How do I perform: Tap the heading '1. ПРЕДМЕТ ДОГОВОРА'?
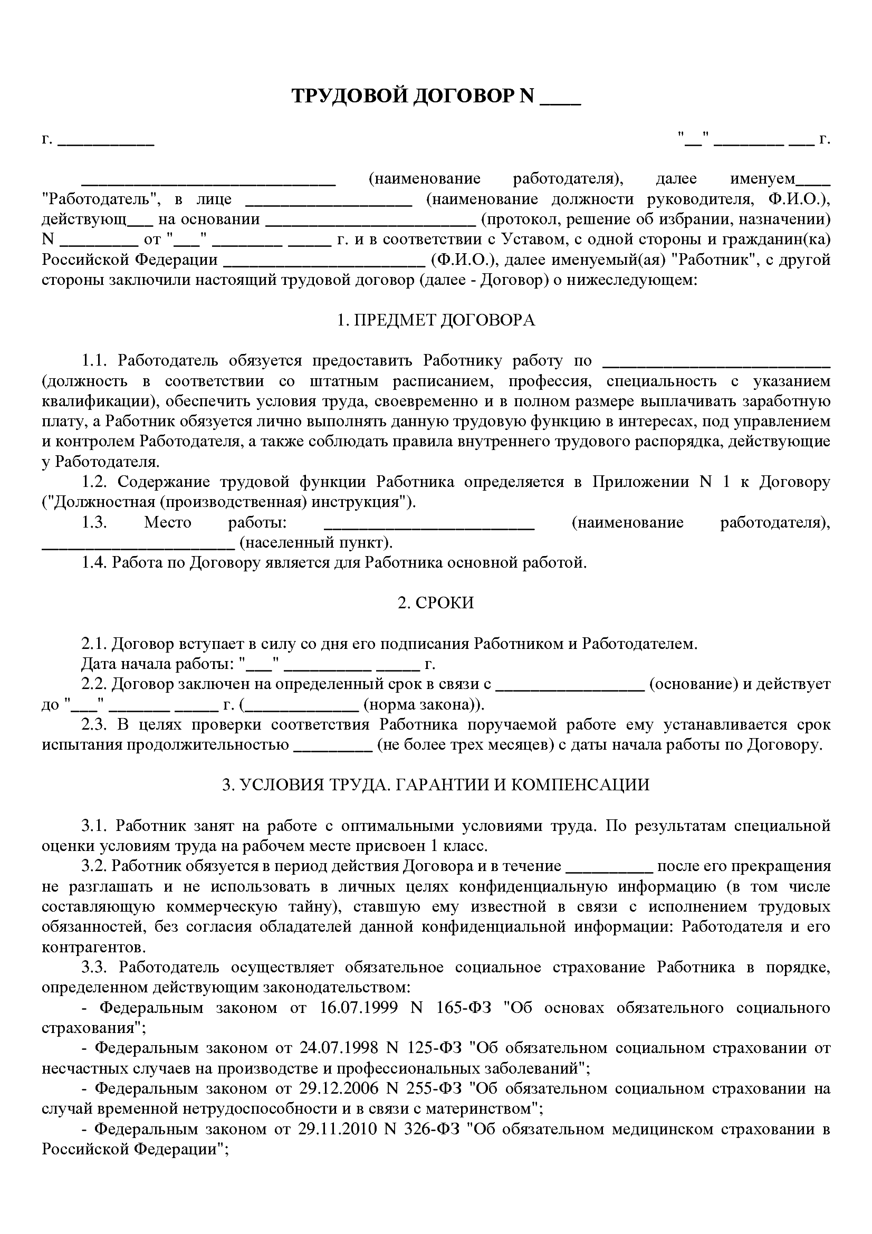(436, 320)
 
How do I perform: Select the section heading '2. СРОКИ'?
(436, 603)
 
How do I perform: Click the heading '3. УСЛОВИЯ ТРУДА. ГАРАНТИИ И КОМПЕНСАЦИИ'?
(436, 785)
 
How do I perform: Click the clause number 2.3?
(94, 725)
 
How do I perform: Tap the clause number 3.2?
(94, 866)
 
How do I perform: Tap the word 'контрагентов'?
(92, 947)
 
